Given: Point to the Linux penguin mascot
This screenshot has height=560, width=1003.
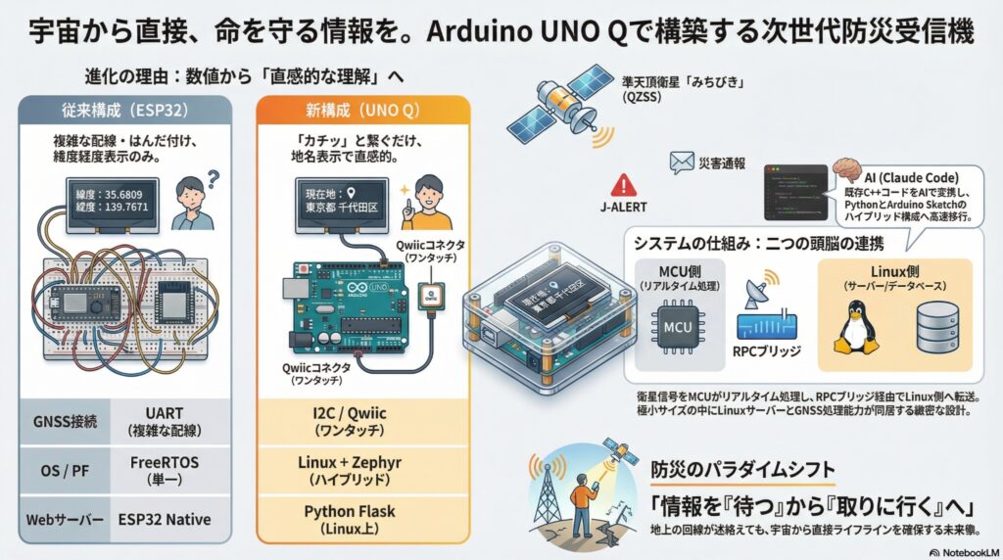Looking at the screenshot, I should [854, 327].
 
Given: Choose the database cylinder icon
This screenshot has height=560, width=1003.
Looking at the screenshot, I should [934, 328].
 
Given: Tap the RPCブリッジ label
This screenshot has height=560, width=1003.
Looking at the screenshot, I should [768, 357].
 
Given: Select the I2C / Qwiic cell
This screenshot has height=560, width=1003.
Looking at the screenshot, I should [342, 422].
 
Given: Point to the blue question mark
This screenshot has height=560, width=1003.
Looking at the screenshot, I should [215, 177].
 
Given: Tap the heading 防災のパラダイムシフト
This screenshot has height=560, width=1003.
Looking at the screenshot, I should [742, 469].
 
